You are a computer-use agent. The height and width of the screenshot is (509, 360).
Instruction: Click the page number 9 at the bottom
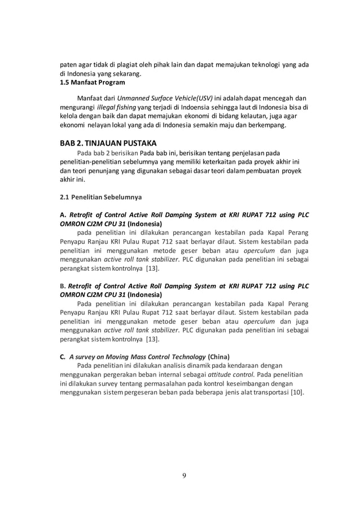[184, 475]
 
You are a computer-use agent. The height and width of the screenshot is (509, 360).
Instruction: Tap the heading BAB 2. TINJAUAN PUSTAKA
[108, 142]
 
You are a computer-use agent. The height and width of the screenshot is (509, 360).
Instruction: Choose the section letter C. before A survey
[63, 357]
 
